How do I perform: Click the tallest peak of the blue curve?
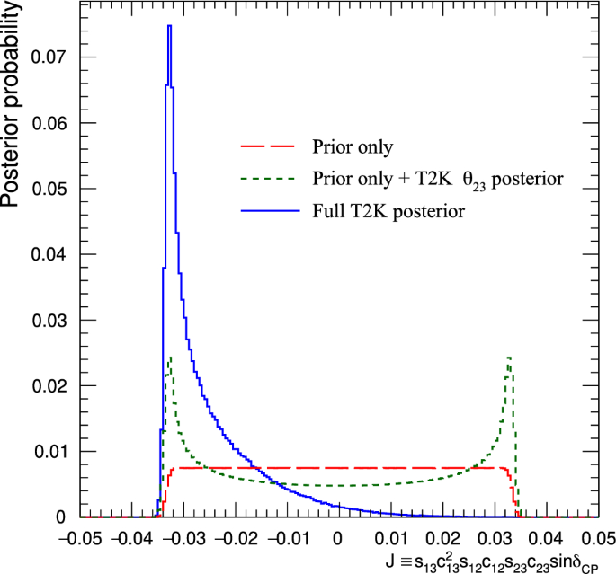coord(169,26)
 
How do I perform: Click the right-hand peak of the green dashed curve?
coord(509,358)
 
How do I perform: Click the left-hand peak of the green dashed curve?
coord(170,358)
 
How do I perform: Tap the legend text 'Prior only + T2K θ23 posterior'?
coord(438,181)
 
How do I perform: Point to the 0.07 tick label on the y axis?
coord(48,57)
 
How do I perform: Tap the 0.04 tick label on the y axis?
coord(48,254)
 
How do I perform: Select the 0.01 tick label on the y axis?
coord(48,451)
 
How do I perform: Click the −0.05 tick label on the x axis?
coord(80,538)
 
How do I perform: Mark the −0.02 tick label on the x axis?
coord(235,538)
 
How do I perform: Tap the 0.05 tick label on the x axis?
coord(594,538)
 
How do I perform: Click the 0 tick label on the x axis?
coord(339,538)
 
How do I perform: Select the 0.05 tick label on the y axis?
coord(48,189)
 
